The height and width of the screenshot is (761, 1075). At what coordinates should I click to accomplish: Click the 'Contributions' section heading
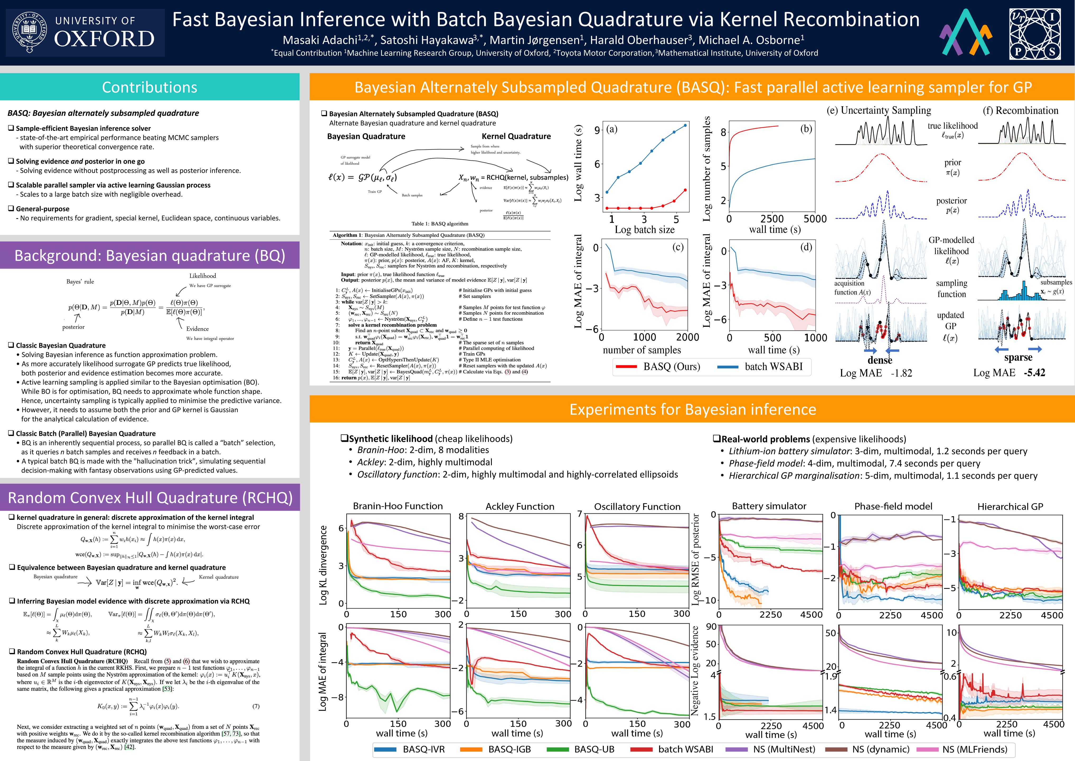(149, 87)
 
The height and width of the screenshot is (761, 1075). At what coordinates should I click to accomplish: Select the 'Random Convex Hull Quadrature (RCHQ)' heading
(150, 498)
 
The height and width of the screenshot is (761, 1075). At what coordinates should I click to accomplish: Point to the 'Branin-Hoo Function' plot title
(398, 506)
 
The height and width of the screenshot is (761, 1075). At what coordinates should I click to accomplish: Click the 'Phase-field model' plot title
(893, 506)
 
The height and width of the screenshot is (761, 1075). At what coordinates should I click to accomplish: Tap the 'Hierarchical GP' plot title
(1010, 506)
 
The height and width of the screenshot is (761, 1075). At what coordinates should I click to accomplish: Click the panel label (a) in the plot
(611, 129)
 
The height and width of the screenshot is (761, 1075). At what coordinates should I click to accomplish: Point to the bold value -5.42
(1034, 373)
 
